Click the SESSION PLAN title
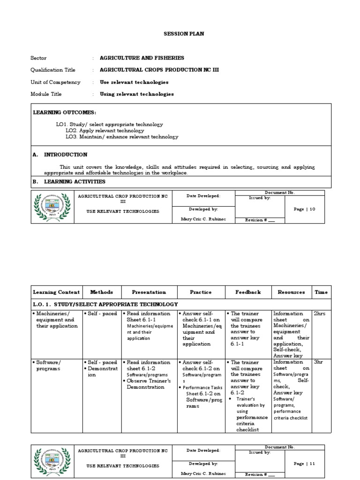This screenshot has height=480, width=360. click(177, 34)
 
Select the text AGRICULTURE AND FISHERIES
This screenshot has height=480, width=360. click(142, 58)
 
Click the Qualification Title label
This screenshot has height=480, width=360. click(52, 70)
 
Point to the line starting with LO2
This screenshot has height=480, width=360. click(105, 131)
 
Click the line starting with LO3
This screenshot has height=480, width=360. click(122, 137)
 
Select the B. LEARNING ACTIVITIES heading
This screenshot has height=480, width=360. click(69, 181)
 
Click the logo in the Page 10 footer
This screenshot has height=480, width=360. click(52, 207)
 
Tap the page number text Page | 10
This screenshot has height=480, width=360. click(305, 210)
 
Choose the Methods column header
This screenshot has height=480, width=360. click(102, 292)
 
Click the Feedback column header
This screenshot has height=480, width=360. click(248, 292)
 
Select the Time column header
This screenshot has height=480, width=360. click(321, 292)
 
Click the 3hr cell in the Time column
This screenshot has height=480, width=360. click(319, 362)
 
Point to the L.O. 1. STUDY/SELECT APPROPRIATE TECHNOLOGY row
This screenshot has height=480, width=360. click(105, 304)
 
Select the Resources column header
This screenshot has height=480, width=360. click(291, 292)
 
